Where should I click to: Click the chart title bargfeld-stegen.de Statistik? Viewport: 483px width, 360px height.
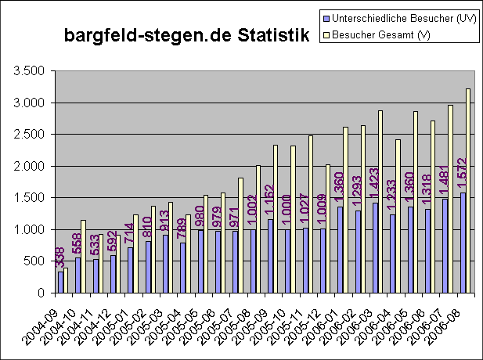[186, 36]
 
